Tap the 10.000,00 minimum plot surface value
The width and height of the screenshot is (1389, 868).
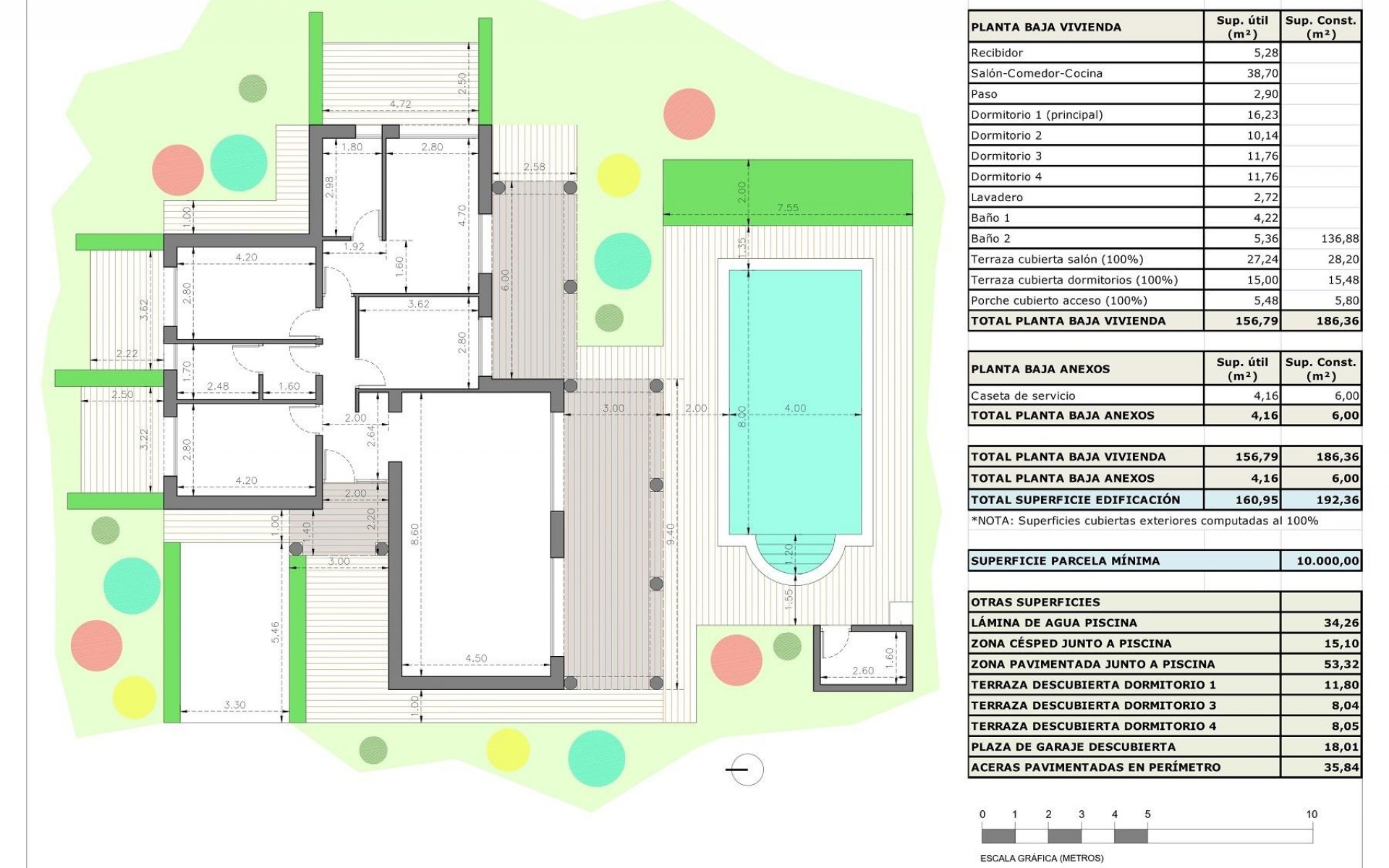[x=1328, y=561]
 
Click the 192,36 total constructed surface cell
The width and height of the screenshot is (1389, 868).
[x=1338, y=500]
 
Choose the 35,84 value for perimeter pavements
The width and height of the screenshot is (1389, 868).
[x=1341, y=767]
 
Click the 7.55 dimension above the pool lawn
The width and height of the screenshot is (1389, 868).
[x=788, y=208]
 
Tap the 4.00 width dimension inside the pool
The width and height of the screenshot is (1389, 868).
[x=795, y=408]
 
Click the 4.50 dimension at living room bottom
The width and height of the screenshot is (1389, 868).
[x=476, y=658]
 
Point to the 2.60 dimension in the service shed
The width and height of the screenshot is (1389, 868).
[x=862, y=671]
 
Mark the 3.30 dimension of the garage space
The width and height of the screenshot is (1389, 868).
[x=235, y=705]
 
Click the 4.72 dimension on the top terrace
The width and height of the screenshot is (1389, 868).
[x=400, y=104]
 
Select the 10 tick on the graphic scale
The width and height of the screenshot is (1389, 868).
[x=1312, y=814]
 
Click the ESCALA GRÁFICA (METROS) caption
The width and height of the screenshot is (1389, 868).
[x=1042, y=859]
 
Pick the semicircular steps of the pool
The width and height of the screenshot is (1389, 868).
[x=795, y=557]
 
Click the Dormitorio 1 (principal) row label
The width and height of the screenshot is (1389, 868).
[x=1037, y=114]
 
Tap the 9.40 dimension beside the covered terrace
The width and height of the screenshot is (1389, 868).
[x=670, y=533]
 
